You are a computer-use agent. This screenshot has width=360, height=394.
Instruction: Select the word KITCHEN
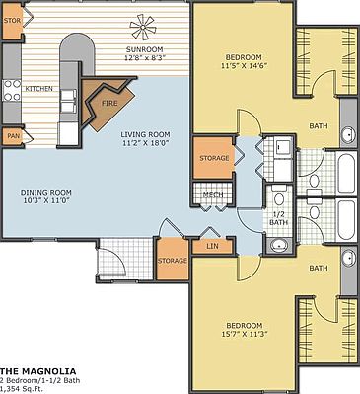pos(38,89)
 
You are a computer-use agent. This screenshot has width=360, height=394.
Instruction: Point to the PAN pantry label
pos(13,136)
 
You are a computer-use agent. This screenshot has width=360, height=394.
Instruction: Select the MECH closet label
pos(213,195)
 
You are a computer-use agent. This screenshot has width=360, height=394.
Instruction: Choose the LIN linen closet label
pos(212,245)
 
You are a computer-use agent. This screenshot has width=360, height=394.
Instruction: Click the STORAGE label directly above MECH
pos(214,158)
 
